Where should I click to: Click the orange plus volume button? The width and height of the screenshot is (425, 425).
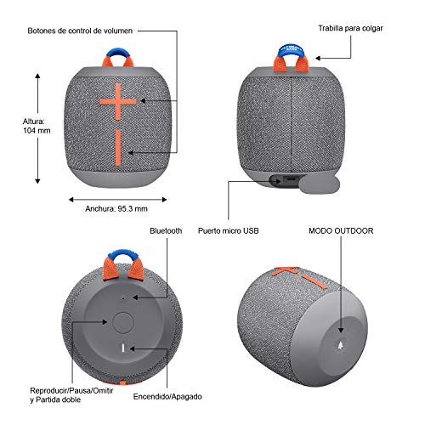click(x=118, y=101)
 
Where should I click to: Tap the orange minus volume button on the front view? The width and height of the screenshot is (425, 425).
click(x=118, y=148)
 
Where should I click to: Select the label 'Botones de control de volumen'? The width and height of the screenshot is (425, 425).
click(x=80, y=31)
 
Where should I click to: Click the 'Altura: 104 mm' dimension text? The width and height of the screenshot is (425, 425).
click(x=37, y=126)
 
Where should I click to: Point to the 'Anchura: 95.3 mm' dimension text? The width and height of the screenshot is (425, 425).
click(x=116, y=209)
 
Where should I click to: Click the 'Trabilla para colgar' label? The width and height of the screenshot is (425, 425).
click(x=350, y=28)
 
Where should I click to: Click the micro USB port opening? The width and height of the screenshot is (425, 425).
click(x=290, y=179)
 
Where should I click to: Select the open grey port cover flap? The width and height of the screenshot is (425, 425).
click(x=320, y=184)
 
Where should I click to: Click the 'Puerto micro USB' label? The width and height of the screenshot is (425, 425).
click(x=229, y=231)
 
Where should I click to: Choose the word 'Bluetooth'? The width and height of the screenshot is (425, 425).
click(x=166, y=231)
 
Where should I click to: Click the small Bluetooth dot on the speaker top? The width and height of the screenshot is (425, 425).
click(x=123, y=298)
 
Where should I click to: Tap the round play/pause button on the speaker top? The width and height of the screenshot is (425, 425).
click(x=123, y=323)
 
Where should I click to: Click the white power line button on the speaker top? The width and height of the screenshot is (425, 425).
click(x=123, y=348)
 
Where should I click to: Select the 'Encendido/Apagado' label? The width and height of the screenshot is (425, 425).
click(x=167, y=397)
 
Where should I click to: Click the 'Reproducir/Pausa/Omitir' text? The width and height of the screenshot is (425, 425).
click(x=71, y=391)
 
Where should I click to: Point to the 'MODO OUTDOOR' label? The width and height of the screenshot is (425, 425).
click(x=341, y=231)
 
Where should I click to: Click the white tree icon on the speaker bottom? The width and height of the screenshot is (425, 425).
click(x=341, y=345)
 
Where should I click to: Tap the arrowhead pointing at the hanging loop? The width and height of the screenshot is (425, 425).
click(x=318, y=58)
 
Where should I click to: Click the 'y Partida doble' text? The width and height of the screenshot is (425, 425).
click(x=55, y=400)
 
